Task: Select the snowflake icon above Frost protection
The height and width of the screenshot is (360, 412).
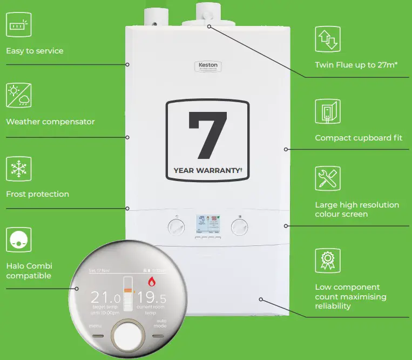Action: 19,169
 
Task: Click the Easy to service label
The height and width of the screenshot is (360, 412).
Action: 35,51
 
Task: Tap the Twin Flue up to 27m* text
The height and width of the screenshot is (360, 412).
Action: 356,65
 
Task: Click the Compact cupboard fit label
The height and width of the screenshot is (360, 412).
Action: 359,138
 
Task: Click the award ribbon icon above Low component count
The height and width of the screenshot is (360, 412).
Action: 328,261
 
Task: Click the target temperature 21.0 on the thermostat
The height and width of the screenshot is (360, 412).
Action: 106,298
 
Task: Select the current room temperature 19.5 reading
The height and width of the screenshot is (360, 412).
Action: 151,298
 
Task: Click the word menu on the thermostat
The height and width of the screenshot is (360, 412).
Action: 96,326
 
